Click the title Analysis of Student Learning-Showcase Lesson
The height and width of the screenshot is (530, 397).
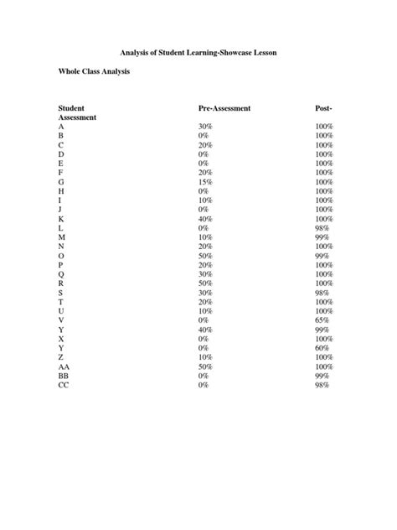(x=198, y=53)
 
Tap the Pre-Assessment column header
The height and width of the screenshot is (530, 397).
(x=224, y=109)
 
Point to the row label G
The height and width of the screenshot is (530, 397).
(x=61, y=182)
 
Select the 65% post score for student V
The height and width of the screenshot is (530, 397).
(x=322, y=320)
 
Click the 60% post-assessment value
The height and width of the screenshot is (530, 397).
(x=322, y=348)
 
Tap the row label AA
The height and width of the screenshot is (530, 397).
(x=64, y=366)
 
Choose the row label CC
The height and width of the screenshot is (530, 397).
(x=64, y=385)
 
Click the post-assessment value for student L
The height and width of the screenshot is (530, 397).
(x=322, y=228)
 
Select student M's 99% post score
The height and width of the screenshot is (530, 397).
(x=322, y=237)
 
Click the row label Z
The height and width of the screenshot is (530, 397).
(x=61, y=357)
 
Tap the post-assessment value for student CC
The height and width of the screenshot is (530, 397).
(x=322, y=385)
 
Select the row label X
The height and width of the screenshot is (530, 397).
(x=61, y=339)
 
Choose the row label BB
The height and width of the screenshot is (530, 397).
(x=64, y=376)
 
